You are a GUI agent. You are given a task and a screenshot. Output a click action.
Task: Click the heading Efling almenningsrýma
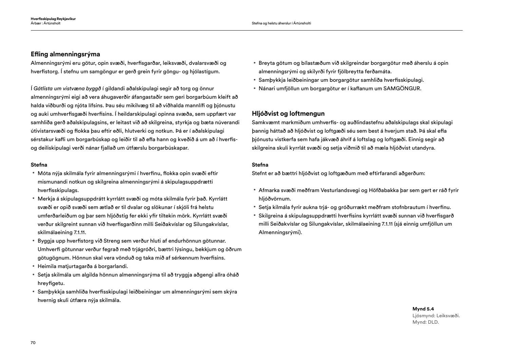(x=65, y=54)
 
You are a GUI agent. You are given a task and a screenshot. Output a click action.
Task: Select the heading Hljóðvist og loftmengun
(x=288, y=114)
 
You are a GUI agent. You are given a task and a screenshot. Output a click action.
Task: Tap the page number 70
(x=33, y=343)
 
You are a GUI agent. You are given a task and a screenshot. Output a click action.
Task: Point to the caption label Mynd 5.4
(x=423, y=309)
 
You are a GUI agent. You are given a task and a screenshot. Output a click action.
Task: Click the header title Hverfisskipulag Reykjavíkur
(x=53, y=19)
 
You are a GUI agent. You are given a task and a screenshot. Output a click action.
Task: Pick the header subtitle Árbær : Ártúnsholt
(x=45, y=23)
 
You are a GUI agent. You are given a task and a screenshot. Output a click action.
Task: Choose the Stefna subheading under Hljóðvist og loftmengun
(x=260, y=165)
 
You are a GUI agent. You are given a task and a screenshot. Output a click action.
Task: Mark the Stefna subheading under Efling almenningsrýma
(x=39, y=165)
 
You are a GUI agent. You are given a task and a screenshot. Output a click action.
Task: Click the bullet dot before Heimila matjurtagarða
(x=34, y=266)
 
